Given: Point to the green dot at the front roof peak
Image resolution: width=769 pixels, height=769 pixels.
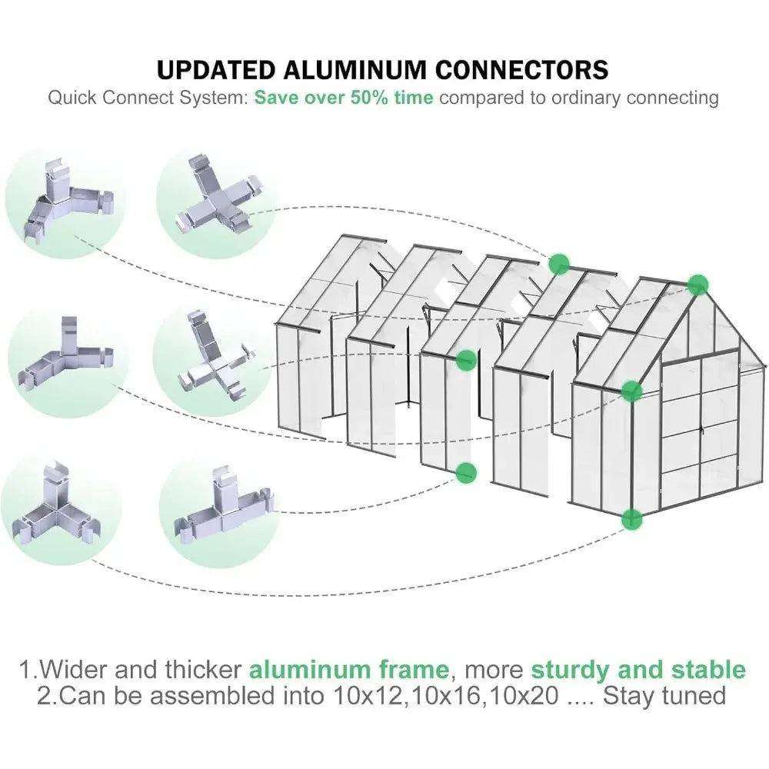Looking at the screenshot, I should coord(697,285).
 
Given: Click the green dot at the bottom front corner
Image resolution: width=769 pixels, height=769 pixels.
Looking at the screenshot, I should coord(631,518).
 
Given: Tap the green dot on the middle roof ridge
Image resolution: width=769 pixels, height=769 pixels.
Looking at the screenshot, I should coord(559,264).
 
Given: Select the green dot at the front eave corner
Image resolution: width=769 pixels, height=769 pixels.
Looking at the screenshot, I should coord(631,391).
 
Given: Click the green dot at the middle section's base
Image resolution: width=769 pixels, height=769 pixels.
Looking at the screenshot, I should coord(464,472).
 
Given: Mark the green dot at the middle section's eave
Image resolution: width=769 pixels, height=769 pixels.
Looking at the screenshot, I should coord(465,359).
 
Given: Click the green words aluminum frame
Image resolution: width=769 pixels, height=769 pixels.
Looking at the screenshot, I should coord(348,668).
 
